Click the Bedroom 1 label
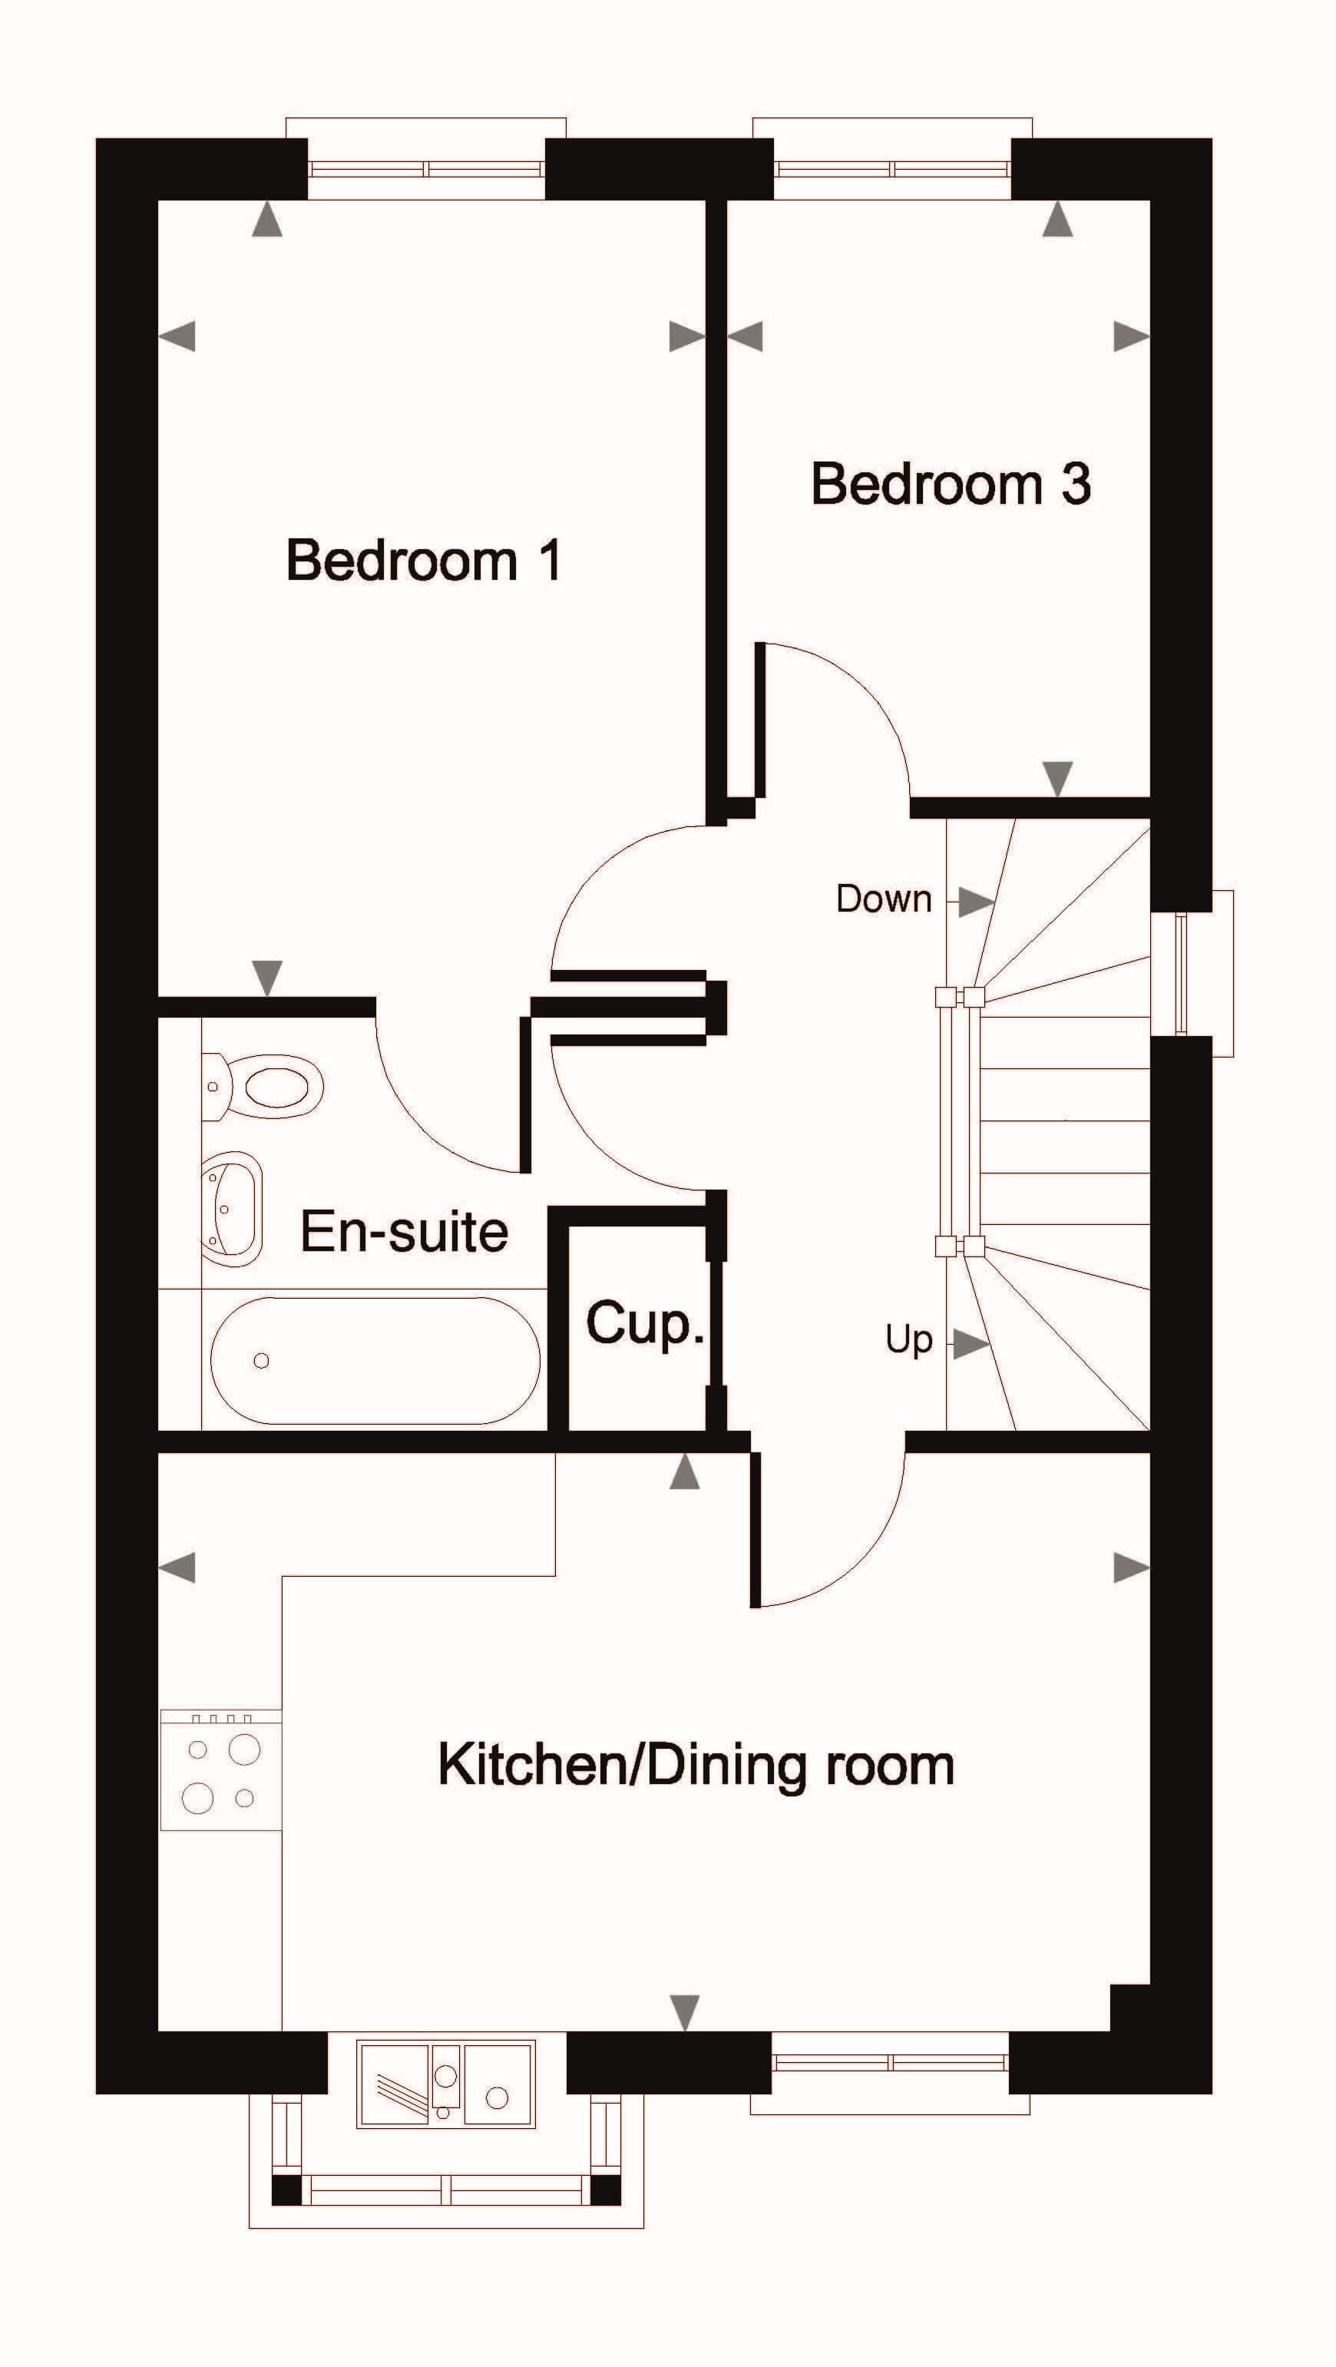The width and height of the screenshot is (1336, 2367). click(x=424, y=560)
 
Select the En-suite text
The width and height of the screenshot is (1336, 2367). click(x=405, y=1231)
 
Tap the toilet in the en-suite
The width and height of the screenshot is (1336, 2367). click(x=263, y=1086)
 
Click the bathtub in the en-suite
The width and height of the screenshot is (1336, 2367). click(x=375, y=1361)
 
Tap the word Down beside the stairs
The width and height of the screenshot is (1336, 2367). click(x=884, y=899)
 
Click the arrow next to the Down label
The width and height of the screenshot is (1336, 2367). click(x=976, y=902)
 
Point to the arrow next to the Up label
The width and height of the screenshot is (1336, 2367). click(x=971, y=1346)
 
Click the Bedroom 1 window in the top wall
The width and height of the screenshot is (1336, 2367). click(x=426, y=169)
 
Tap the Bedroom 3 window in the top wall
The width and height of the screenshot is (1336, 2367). click(x=892, y=169)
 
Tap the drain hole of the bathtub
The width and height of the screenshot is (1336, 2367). click(x=262, y=1361)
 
